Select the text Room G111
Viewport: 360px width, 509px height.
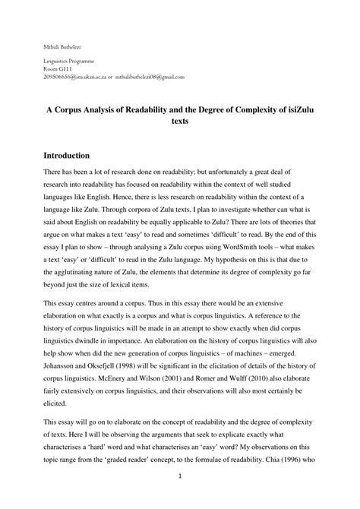tap(54, 68)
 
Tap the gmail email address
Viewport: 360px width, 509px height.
tap(150, 77)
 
